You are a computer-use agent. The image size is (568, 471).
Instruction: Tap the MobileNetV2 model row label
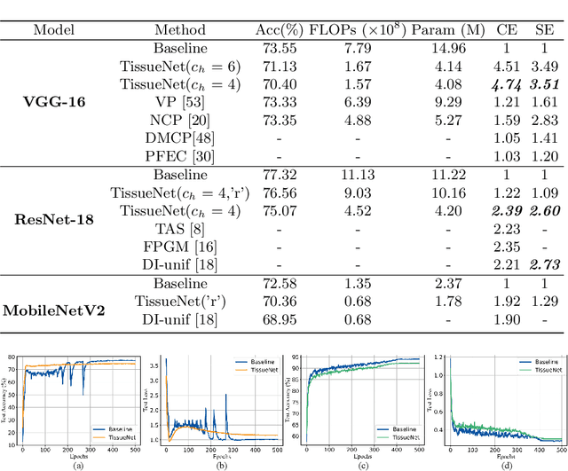[55, 310]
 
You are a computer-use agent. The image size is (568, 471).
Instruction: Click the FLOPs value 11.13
[359, 176]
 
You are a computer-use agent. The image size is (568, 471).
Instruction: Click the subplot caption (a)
[78, 465]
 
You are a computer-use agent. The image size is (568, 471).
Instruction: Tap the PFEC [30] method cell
[180, 156]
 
